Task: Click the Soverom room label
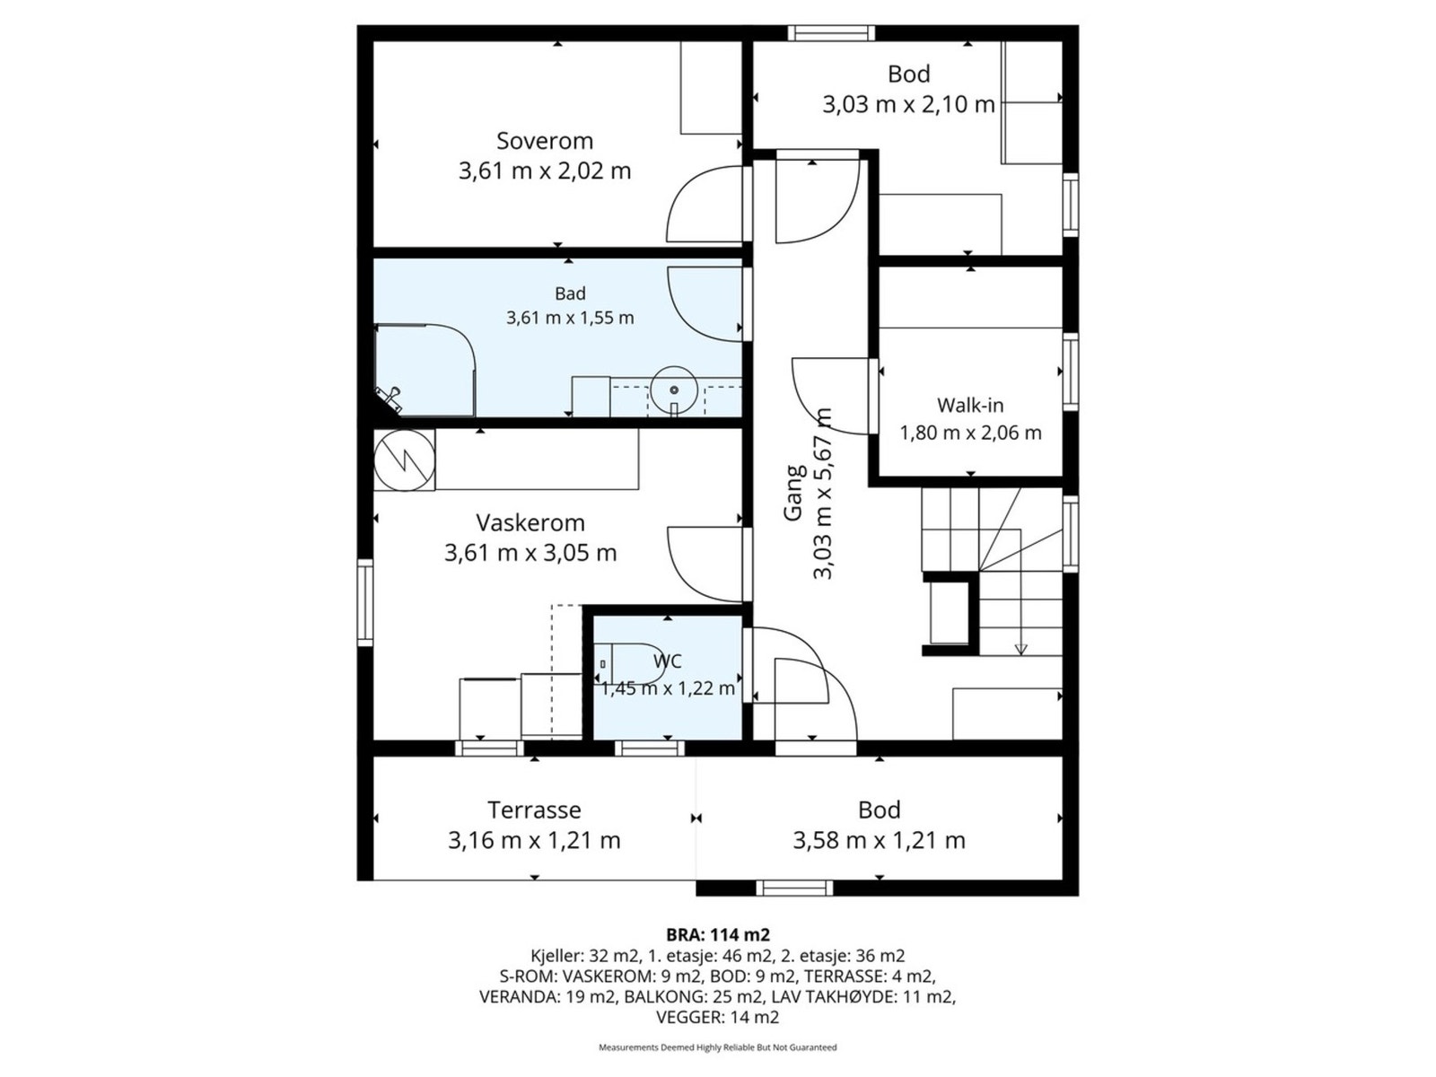544,141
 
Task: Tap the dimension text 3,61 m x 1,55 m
570,318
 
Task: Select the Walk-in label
969,406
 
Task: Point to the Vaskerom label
530,522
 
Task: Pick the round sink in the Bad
674,390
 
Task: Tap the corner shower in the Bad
425,370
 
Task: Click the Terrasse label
534,810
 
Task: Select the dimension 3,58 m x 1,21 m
879,840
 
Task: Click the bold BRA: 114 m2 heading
718,934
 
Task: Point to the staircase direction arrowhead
1020,649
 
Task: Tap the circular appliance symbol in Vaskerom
404,460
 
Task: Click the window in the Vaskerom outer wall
365,602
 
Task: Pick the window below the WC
650,749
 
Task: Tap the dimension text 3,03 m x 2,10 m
908,105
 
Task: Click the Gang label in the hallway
793,493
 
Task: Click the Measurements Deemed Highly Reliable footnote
718,1065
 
